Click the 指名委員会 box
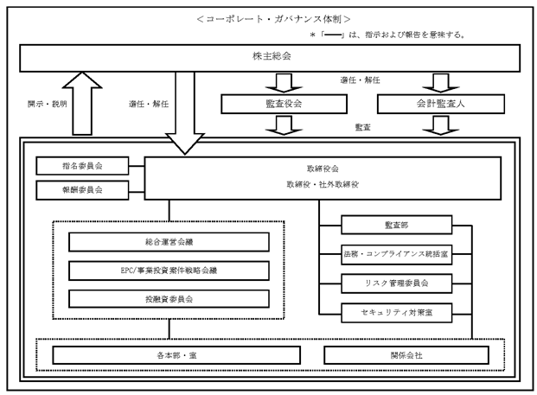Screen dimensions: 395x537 point(82,165)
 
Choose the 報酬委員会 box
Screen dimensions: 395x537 point(82,188)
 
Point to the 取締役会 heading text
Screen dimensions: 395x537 point(322,168)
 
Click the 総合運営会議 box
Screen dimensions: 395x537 point(169,242)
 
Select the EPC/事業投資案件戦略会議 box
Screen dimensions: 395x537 point(169,271)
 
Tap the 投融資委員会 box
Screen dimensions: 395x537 point(169,299)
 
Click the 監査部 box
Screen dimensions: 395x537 point(397,226)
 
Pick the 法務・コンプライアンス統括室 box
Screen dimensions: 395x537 point(397,254)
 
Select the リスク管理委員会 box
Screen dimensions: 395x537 point(397,283)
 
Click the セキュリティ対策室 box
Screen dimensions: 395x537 point(397,311)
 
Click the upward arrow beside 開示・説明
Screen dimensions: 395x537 point(82,104)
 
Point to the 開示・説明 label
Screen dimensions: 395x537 point(42,103)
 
